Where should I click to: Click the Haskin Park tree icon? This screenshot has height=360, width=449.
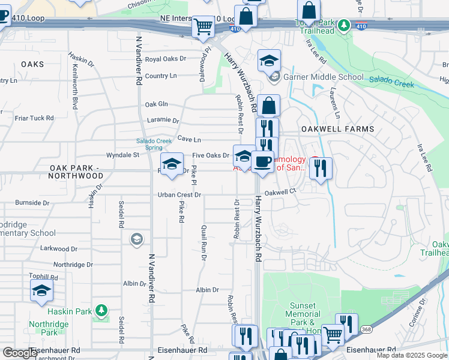(x=102, y=310)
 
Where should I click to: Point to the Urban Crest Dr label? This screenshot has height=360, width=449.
(x=179, y=195)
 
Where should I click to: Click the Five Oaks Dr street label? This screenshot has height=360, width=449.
(x=210, y=155)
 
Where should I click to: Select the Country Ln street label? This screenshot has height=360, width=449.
(x=161, y=76)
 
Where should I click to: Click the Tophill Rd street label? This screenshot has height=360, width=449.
(x=43, y=277)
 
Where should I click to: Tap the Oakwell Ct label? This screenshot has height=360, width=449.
(x=281, y=192)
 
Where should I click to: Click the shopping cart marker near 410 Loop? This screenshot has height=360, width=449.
(x=203, y=26)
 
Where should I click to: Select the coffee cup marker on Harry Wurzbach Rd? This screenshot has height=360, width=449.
(x=262, y=161)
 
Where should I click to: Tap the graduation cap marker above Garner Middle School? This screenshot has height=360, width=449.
(x=269, y=60)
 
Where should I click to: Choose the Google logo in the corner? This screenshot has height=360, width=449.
(x=20, y=353)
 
